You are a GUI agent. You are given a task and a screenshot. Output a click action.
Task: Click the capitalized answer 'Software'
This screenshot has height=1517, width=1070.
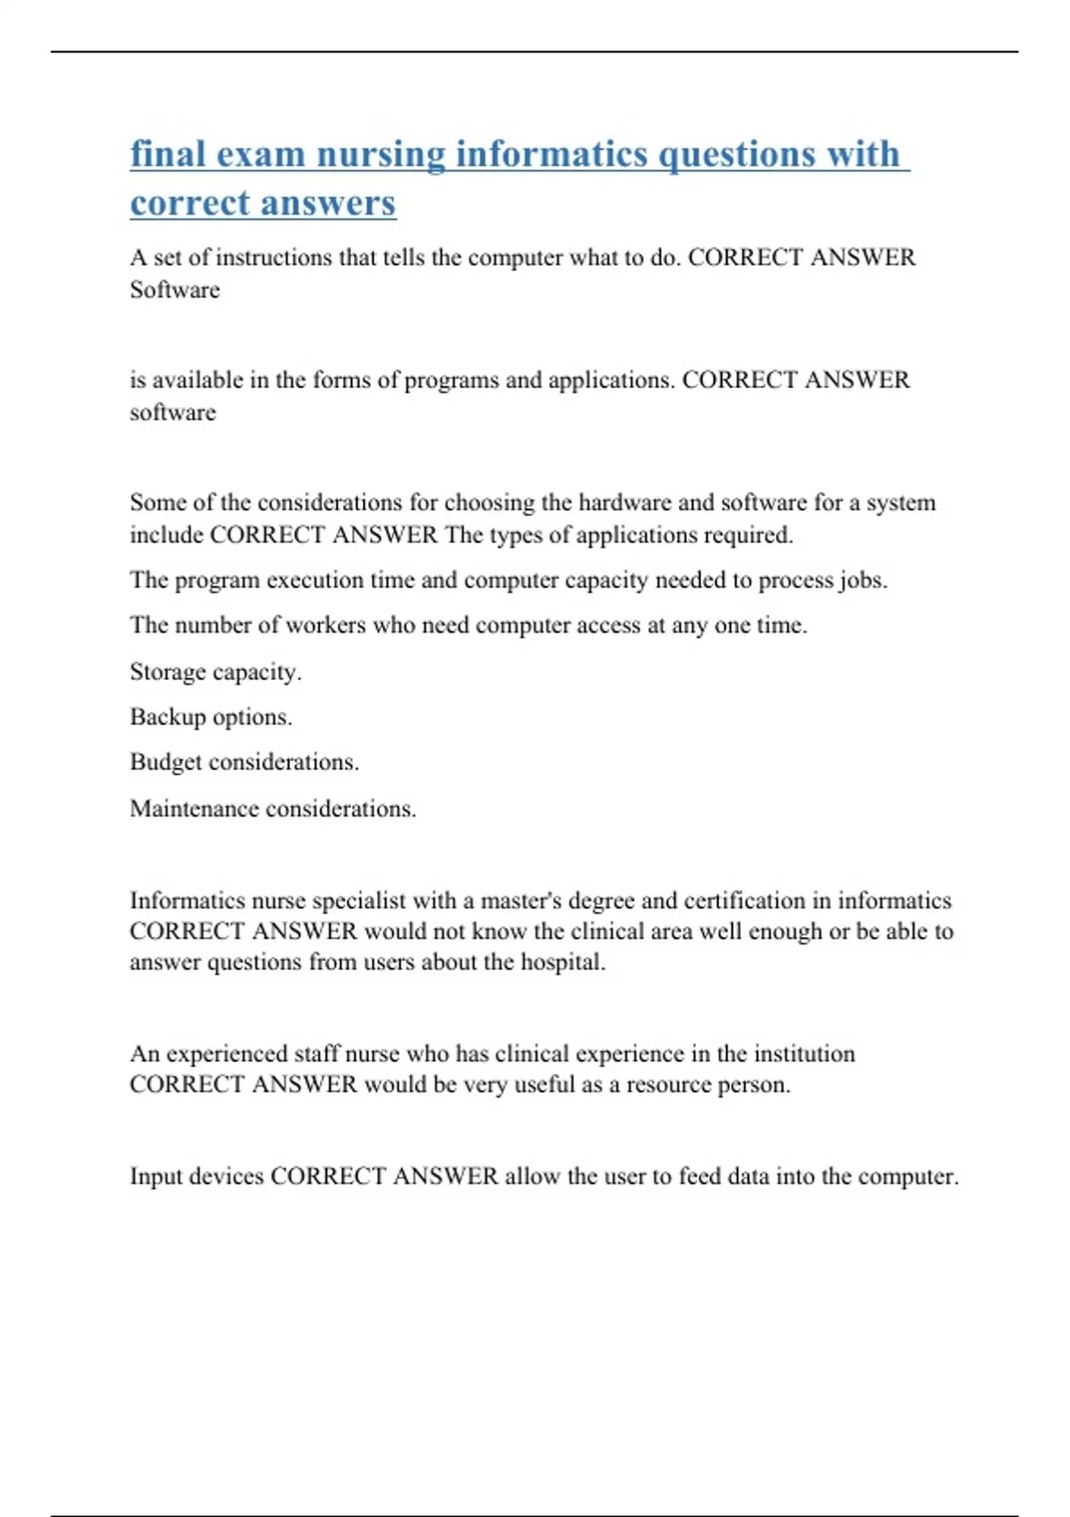[x=175, y=290]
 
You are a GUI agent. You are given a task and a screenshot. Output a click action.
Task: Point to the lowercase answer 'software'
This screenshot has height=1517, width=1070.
[x=173, y=412]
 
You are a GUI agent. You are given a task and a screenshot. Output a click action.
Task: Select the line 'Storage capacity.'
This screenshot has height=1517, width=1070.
[x=216, y=671]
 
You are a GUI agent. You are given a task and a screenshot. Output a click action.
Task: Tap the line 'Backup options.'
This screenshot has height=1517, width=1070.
[x=210, y=717]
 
